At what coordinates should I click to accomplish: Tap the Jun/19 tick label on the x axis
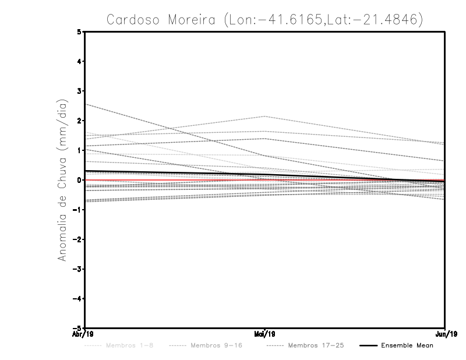tap(445, 334)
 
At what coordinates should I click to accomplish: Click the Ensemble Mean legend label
tap(407, 346)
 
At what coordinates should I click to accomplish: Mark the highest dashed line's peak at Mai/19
tap(265, 117)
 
